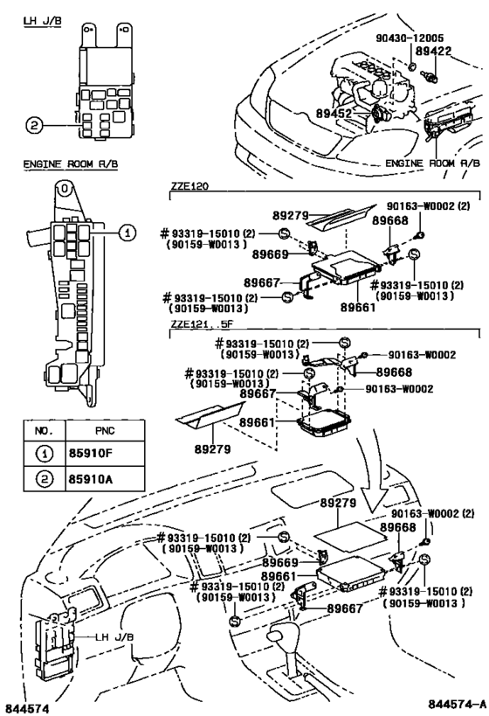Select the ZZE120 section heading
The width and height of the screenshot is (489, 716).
pyautogui.click(x=189, y=186)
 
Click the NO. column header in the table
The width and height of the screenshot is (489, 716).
pyautogui.click(x=43, y=431)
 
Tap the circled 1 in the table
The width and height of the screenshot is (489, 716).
pyautogui.click(x=43, y=455)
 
